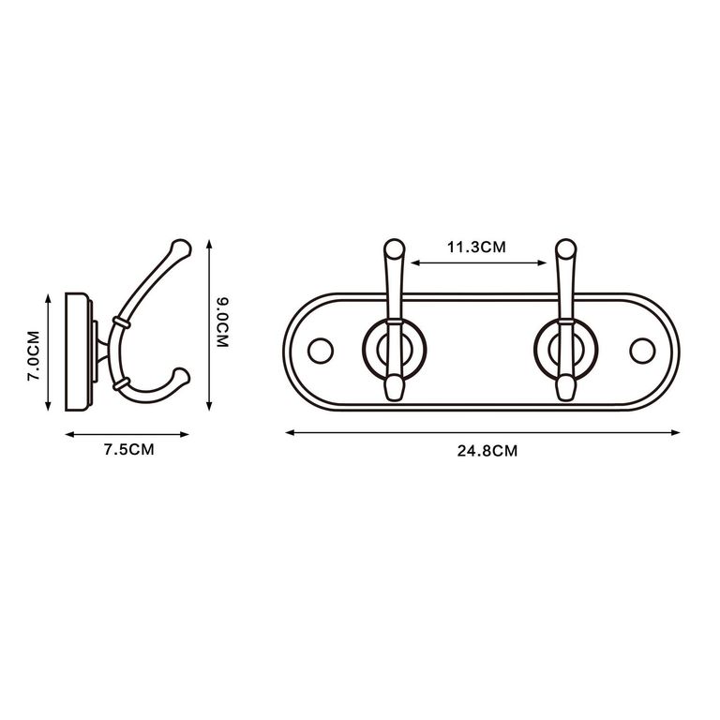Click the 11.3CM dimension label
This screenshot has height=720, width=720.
476,247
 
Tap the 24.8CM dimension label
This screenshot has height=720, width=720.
487,451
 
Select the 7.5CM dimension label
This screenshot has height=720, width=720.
128,450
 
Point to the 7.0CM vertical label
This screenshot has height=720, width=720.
34,355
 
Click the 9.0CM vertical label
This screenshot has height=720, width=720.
222,322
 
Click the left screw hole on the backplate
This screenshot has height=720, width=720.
321,351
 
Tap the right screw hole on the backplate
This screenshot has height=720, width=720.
642,351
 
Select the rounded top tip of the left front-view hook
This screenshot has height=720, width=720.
394,247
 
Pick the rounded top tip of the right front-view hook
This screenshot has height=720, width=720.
565,247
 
